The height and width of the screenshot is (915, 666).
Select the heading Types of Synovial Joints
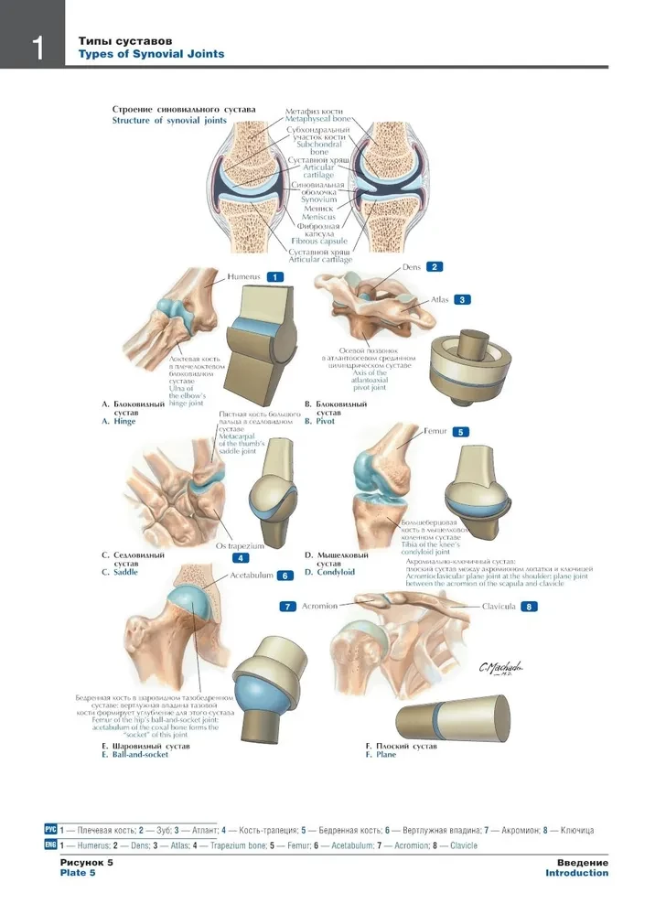click(151, 54)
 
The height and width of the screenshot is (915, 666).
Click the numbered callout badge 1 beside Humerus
click(273, 275)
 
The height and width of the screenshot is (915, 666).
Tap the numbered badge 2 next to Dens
click(435, 267)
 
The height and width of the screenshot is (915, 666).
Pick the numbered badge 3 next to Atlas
click(463, 299)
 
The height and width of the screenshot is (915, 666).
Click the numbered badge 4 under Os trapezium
click(241, 557)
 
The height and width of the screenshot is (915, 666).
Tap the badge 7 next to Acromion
click(288, 606)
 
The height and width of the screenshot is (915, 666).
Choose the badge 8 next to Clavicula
click(530, 606)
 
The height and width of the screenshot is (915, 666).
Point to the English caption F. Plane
click(381, 755)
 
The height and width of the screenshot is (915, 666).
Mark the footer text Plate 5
click(78, 873)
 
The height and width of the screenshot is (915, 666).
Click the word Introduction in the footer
click(576, 873)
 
